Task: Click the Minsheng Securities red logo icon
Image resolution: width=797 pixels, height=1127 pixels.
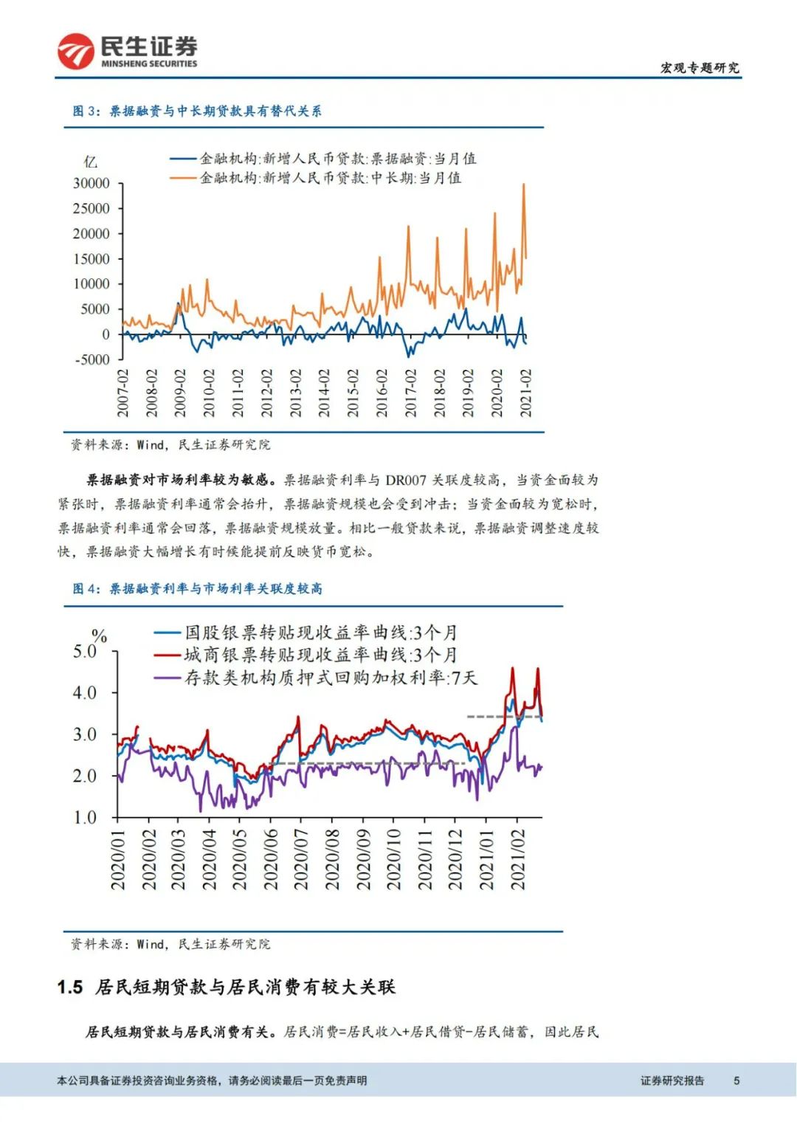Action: (76, 52)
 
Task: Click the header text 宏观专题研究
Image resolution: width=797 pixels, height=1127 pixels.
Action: (699, 68)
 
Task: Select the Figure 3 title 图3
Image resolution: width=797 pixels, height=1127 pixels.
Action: (196, 111)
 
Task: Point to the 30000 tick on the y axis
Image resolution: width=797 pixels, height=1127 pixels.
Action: (91, 183)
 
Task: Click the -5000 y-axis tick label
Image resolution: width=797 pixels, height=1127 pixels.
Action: (92, 359)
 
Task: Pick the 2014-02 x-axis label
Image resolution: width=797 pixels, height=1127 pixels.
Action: (324, 393)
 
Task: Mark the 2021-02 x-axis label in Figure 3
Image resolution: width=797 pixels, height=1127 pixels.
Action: (526, 393)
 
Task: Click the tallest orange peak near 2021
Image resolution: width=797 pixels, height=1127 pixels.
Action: (523, 185)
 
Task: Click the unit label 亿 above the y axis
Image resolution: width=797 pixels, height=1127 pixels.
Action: (90, 162)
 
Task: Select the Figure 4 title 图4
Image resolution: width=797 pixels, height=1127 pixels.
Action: (197, 589)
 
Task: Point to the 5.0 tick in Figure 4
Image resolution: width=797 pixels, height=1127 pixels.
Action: (85, 652)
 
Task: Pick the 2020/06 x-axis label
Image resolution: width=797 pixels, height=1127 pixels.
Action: (270, 859)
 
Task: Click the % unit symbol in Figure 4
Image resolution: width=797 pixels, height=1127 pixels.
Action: (99, 635)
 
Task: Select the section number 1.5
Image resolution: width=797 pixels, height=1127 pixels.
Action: (70, 988)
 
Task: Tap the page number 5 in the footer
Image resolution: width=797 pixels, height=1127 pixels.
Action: (736, 1081)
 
